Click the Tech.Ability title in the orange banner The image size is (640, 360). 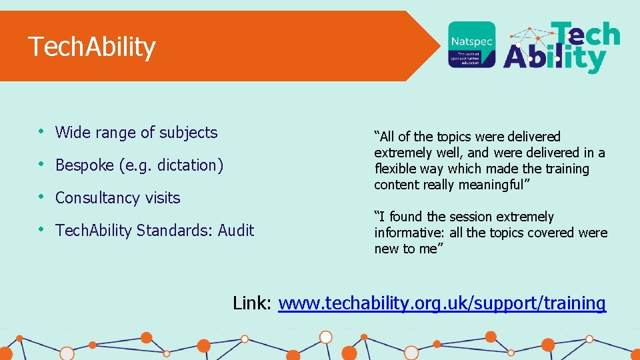tap(92, 47)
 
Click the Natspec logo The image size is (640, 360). tap(471, 44)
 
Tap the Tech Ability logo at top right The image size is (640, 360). tap(562, 47)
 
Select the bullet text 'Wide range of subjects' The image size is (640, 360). tap(136, 133)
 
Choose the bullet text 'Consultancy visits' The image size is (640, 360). tap(118, 198)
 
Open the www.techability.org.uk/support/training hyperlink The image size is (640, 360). tap(442, 303)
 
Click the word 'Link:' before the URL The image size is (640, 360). tap(252, 303)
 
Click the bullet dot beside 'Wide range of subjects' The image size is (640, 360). tap(41, 132)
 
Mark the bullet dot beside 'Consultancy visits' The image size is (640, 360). tap(41, 197)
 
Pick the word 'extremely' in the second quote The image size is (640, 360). tap(522, 217)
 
